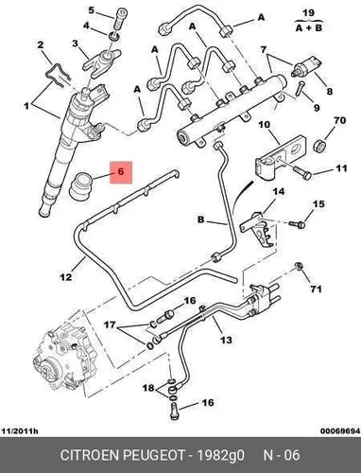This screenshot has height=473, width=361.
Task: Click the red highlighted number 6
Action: pyautogui.click(x=121, y=172)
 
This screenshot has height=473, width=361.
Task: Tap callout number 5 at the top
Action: pyautogui.click(x=91, y=10)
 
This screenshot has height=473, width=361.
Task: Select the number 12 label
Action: pyautogui.click(x=66, y=277)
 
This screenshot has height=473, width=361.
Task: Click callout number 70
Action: pyautogui.click(x=339, y=120)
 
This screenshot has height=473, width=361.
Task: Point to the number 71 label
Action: pyautogui.click(x=316, y=289)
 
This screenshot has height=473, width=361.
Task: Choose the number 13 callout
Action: pyautogui.click(x=226, y=340)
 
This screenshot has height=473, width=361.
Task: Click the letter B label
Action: pyautogui.click(x=201, y=219)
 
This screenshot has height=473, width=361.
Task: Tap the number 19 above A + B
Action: pyautogui.click(x=308, y=13)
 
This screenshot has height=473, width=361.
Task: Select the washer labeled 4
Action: pyautogui.click(x=114, y=36)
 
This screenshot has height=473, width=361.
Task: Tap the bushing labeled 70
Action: pyautogui.click(x=319, y=147)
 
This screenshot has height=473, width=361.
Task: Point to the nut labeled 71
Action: pyautogui.click(x=299, y=267)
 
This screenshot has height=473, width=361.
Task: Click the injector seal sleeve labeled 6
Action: pyautogui.click(x=81, y=186)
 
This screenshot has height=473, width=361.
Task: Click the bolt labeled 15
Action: pyautogui.click(x=297, y=224)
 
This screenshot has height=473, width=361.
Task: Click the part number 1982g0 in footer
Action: pyautogui.click(x=220, y=455)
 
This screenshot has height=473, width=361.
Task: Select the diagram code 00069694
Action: pyautogui.click(x=340, y=430)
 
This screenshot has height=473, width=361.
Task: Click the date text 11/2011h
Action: pyautogui.click(x=20, y=430)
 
